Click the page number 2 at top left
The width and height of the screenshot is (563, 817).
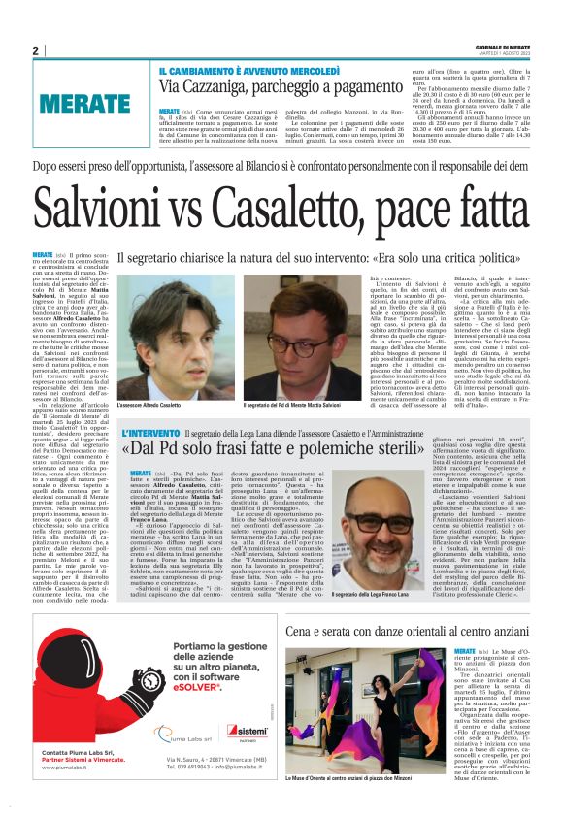click(x=36, y=50)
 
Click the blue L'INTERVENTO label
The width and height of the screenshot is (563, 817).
click(x=150, y=433)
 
